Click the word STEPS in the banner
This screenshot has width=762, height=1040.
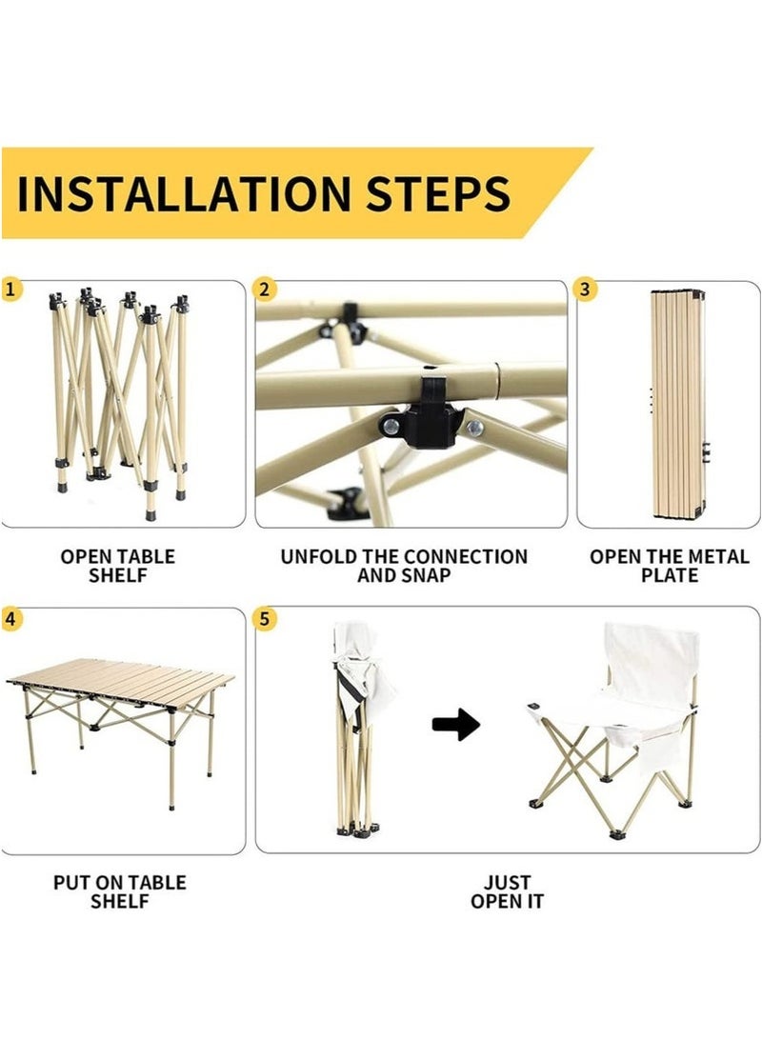pyautogui.click(x=438, y=193)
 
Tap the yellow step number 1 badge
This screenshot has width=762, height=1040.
pyautogui.click(x=10, y=290)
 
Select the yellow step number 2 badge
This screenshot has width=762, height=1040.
pyautogui.click(x=265, y=290)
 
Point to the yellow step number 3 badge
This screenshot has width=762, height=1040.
pyautogui.click(x=585, y=290)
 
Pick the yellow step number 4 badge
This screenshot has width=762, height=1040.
pyautogui.click(x=10, y=619)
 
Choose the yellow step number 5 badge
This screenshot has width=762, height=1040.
pyautogui.click(x=265, y=619)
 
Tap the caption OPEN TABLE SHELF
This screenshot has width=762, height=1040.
pyautogui.click(x=118, y=566)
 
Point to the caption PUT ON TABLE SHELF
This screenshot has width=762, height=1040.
pyautogui.click(x=120, y=892)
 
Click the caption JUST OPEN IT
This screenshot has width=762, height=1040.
pyautogui.click(x=508, y=892)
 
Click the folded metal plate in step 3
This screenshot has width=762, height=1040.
pyautogui.click(x=678, y=404)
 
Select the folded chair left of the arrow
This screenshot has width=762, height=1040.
pyautogui.click(x=358, y=730)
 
